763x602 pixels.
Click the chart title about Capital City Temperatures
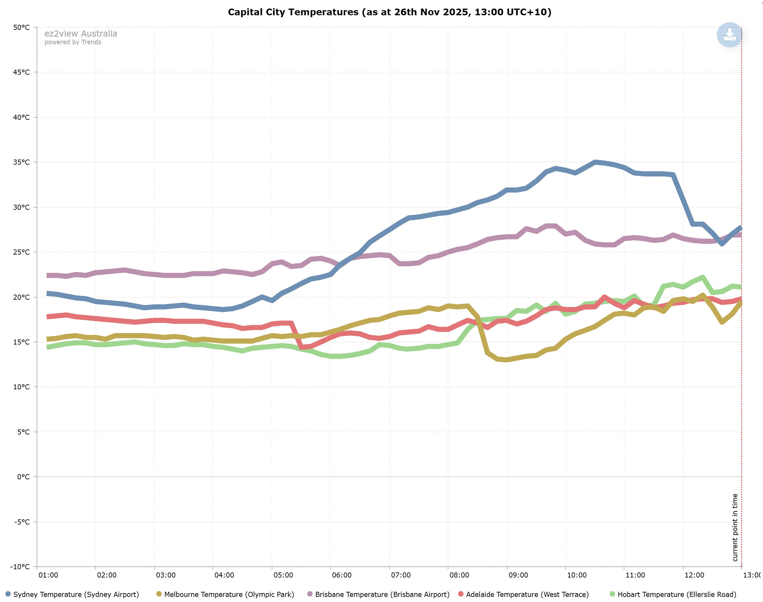[389, 12]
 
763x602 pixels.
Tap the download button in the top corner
[730, 35]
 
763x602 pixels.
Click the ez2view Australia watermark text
[81, 33]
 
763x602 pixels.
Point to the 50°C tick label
[21, 27]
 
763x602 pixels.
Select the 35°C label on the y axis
[21, 162]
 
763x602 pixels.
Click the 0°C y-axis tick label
[23, 477]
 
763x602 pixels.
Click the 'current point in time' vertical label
[735, 527]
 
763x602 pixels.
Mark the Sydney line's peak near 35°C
[595, 162]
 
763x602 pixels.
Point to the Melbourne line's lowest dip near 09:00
[507, 360]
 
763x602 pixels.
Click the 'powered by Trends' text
[73, 42]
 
